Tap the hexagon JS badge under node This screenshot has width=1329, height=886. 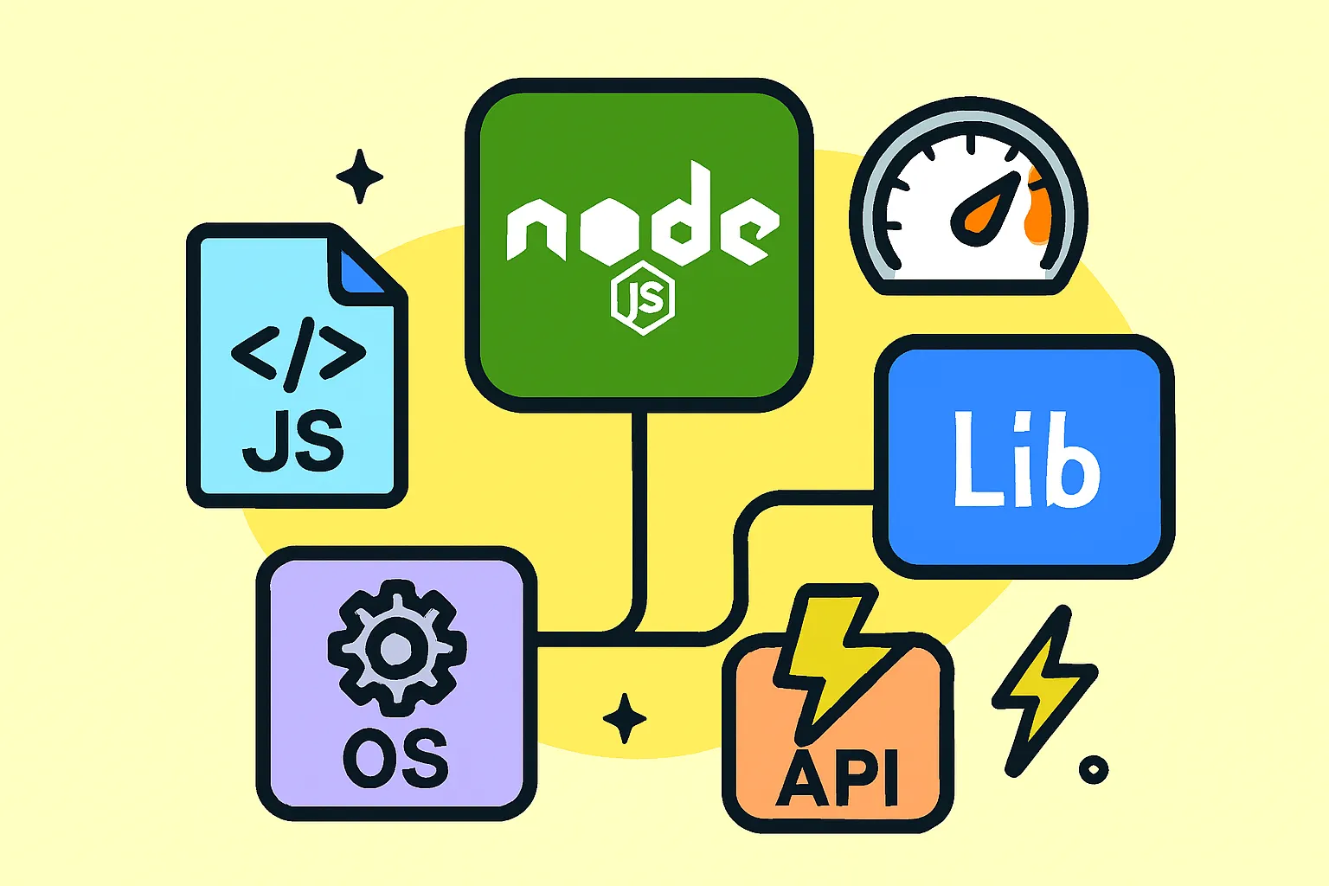(643, 298)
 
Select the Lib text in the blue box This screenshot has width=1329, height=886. (1026, 459)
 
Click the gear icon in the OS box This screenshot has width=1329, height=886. (397, 648)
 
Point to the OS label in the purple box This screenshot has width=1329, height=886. (395, 759)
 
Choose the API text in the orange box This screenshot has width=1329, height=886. (838, 778)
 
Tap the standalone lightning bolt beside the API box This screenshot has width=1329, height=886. (1045, 690)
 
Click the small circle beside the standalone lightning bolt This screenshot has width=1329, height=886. (1094, 770)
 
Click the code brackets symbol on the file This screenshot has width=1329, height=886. (299, 354)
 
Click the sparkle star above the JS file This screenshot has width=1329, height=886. (360, 177)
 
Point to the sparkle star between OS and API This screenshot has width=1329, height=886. (624, 718)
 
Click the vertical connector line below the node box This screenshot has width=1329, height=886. (639, 510)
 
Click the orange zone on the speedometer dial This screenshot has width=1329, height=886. (1038, 207)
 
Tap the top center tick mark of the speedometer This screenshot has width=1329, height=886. (972, 144)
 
